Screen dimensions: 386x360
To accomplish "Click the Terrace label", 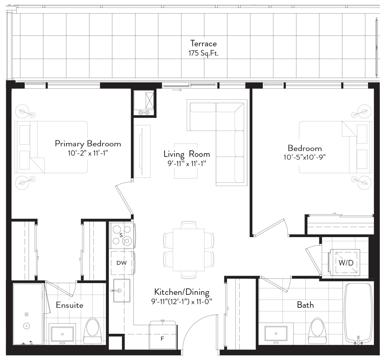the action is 204,43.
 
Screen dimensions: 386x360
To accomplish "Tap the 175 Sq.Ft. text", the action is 204,53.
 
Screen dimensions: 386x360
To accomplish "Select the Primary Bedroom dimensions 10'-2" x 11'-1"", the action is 88,153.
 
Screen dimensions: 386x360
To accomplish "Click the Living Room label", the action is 187,154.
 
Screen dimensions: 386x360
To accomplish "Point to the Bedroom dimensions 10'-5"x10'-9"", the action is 305,157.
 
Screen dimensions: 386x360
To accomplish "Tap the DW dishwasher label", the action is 122,263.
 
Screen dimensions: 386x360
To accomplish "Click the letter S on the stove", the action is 121,235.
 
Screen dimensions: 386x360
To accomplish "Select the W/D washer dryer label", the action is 346,263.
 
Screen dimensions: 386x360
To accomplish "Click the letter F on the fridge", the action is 162,339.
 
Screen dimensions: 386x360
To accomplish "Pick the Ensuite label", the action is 70,305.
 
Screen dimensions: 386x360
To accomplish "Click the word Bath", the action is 305,305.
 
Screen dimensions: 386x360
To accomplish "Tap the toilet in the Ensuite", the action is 93,331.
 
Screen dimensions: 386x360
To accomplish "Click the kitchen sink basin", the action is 122,291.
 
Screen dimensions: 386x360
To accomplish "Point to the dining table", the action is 189,250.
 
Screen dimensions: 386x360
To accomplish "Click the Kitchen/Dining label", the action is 182,292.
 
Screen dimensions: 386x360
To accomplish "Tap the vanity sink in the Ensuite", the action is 62,334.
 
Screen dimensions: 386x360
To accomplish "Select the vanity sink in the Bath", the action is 276,333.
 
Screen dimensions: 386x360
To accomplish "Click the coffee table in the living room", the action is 186,161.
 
